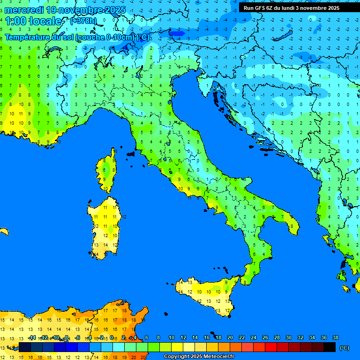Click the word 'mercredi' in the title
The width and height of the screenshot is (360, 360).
(24, 10)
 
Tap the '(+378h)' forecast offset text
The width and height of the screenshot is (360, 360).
(83, 21)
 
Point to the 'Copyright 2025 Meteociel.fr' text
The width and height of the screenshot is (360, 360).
(199, 357)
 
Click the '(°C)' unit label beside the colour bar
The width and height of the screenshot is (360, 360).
(344, 348)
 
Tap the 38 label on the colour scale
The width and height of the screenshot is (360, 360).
(335, 338)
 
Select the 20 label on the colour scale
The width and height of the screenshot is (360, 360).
(230, 338)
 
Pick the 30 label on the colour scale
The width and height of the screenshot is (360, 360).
(289, 338)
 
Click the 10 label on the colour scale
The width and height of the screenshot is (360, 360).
(172, 338)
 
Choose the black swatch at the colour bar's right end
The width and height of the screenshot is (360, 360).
(330, 347)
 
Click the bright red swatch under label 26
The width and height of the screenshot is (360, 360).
(271, 347)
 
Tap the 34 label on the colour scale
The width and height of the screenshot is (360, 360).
(312, 338)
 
